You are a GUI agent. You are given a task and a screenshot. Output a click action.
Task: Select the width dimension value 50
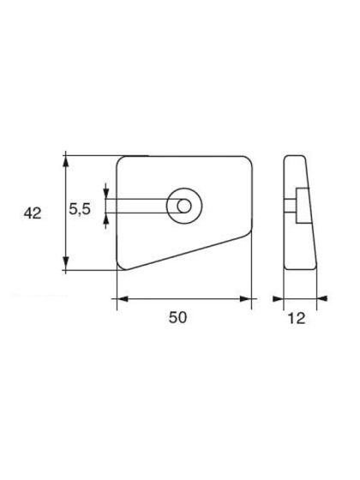click(177, 316)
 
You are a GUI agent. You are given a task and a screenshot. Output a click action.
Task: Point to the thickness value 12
click(296, 316)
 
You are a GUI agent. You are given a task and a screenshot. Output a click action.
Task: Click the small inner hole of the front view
click(183, 206)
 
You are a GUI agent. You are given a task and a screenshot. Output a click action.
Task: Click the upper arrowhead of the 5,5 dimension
click(105, 195)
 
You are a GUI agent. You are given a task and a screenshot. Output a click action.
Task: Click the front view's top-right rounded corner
click(249, 160)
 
